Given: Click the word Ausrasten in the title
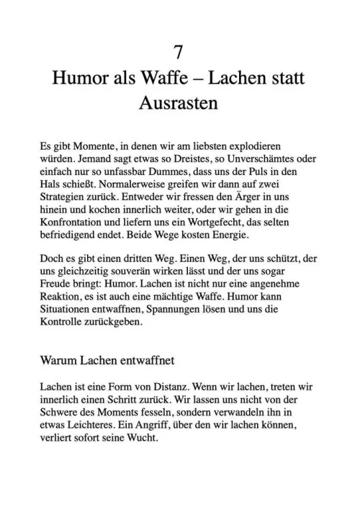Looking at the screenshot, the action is (x=180, y=103).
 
